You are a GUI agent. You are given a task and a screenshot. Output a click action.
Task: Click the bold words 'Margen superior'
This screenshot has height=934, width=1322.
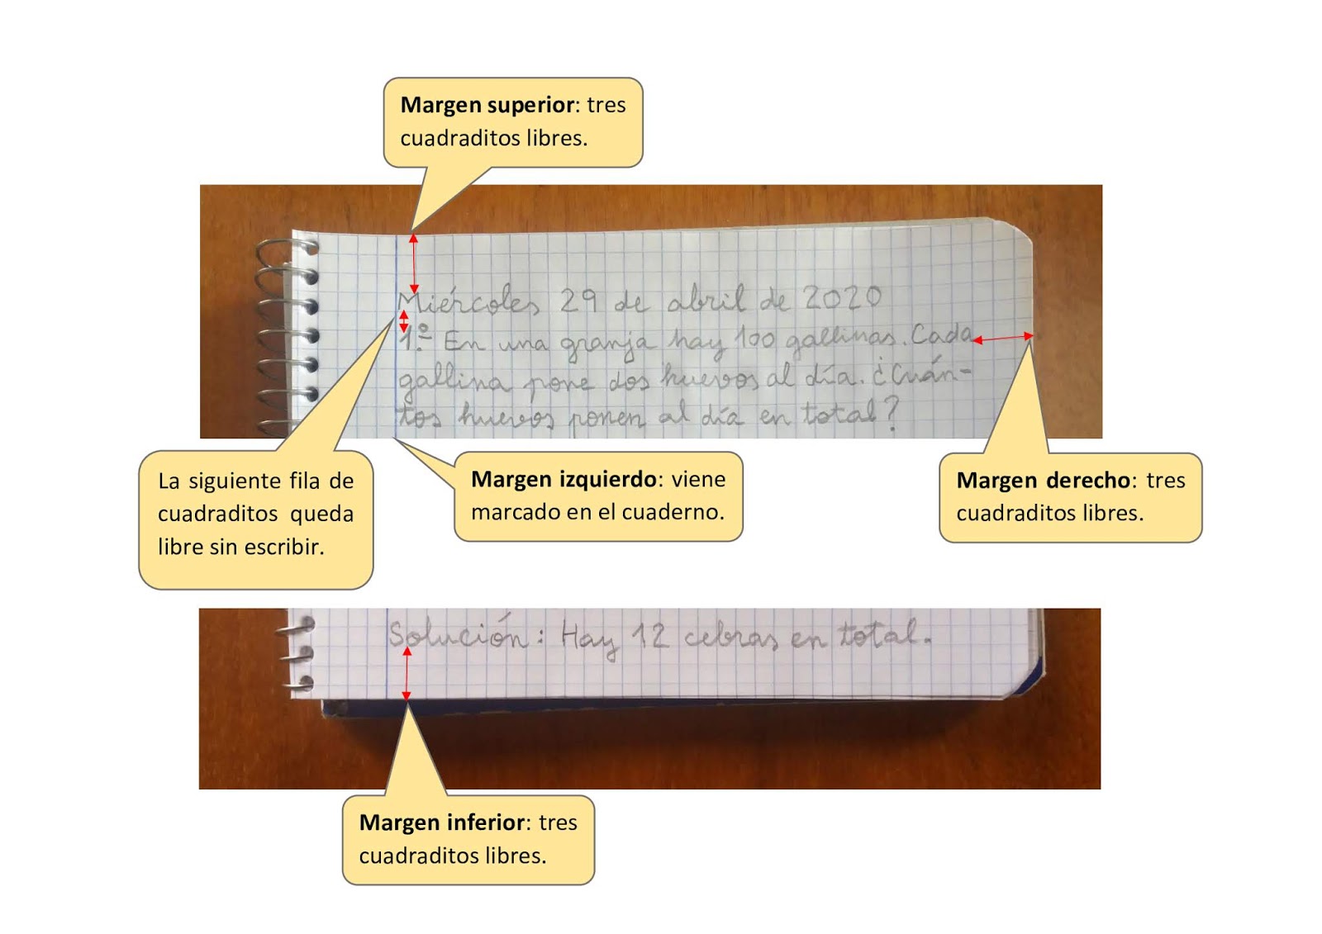pos(487,105)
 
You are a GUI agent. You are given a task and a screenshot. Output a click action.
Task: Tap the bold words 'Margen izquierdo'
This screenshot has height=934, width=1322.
pos(564,479)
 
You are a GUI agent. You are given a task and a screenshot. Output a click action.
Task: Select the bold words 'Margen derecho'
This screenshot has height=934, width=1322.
pos(1044,480)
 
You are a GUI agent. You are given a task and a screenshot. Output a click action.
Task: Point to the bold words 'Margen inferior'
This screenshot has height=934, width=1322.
pos(442,822)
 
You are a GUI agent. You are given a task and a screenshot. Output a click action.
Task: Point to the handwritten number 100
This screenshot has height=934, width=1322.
pos(754,338)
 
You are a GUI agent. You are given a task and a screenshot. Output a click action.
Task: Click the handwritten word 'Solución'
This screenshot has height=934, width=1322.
pos(456,635)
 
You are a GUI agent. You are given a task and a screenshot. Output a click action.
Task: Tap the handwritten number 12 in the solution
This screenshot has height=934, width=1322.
pos(649,636)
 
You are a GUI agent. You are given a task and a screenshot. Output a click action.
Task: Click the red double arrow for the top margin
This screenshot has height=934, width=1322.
pos(414,263)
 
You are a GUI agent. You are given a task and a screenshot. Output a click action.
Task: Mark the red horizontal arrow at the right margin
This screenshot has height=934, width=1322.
pos(1003,338)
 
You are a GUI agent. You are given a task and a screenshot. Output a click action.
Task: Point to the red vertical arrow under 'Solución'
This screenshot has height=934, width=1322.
pos(407,674)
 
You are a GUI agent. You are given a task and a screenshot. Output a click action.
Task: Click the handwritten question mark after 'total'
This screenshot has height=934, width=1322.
pos(890,415)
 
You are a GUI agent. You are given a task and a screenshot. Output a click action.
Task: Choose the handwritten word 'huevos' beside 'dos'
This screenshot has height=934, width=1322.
pos(707,379)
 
